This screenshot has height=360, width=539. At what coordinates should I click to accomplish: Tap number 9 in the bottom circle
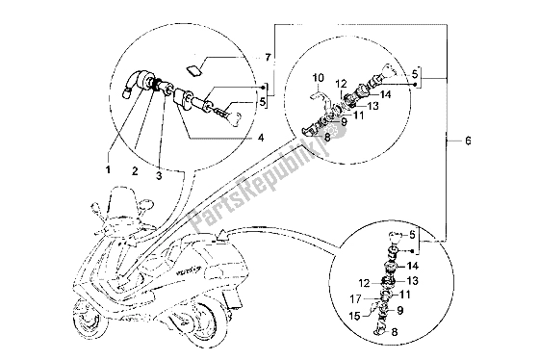coord(400,308)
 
